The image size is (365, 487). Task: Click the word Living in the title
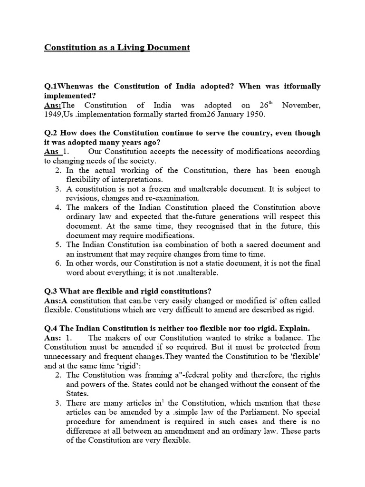pyautogui.click(x=129, y=48)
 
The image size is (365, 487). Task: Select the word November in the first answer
pyautogui.click(x=301, y=105)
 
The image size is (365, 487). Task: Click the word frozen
pyautogui.click(x=154, y=189)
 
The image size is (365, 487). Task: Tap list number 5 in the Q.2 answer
pyautogui.click(x=58, y=244)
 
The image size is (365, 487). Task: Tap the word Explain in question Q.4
pyautogui.click(x=294, y=329)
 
